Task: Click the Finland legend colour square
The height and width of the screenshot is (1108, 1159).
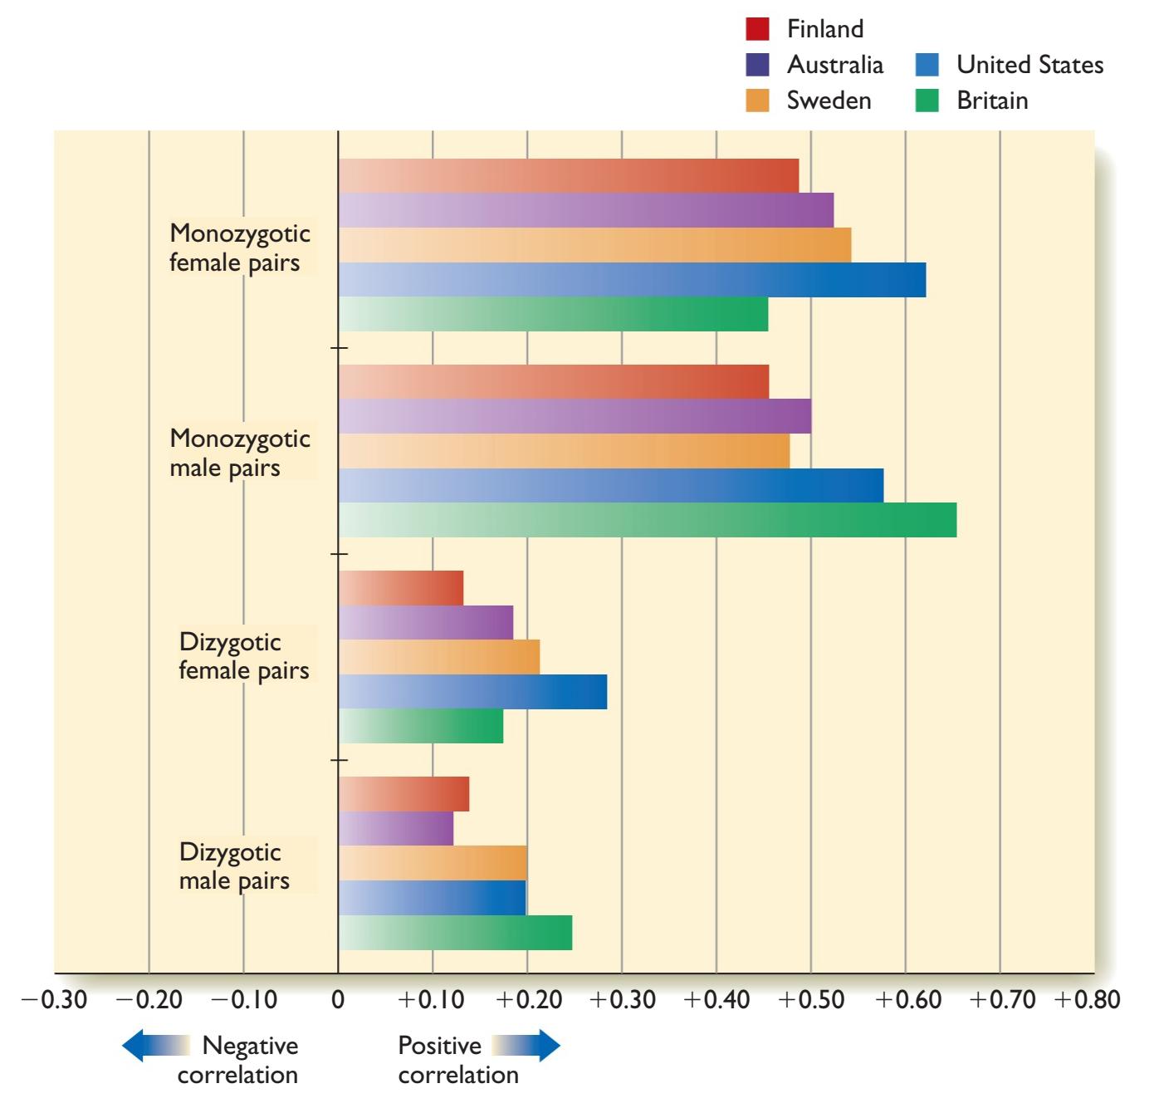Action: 757,29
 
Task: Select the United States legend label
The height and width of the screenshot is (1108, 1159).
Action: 1029,65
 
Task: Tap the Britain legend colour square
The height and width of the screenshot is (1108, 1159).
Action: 927,101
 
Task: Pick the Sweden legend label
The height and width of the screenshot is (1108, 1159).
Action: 829,101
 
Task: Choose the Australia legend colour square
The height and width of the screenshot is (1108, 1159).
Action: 757,65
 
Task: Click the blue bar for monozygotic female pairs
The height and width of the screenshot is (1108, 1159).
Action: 632,279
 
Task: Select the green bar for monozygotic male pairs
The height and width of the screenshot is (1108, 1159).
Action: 647,520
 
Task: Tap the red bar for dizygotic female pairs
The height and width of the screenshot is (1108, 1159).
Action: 400,588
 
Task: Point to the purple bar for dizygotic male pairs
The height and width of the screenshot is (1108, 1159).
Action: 395,828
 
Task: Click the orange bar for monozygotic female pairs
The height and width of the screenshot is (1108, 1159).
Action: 594,245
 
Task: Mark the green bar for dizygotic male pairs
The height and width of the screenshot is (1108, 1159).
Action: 455,933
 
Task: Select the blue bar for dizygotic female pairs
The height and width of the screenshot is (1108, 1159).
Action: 472,692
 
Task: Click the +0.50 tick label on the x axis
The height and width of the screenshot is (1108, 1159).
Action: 811,999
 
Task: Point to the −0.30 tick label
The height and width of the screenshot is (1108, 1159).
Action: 54,999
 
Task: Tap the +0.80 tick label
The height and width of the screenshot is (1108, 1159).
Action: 1086,999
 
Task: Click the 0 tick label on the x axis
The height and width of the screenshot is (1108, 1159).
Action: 338,999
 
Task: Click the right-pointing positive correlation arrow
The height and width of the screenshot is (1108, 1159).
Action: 526,1046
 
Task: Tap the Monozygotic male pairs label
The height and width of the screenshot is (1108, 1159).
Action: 239,453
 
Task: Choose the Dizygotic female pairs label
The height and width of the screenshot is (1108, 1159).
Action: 243,656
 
